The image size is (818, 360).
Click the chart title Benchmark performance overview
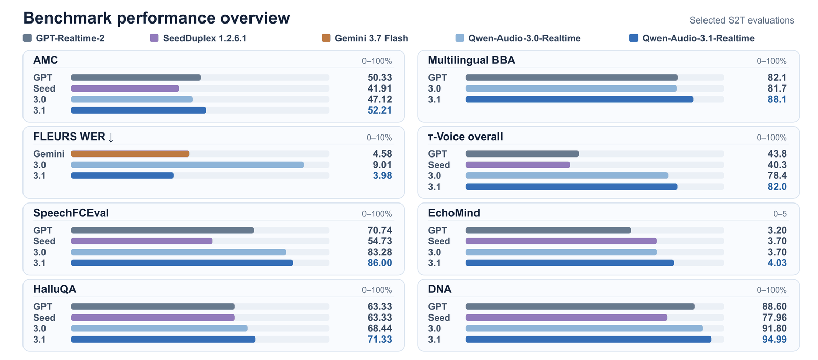(156, 18)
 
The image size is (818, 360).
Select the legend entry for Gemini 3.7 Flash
(365, 38)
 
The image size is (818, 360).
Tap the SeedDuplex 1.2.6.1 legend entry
(198, 38)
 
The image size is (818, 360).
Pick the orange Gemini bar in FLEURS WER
(130, 154)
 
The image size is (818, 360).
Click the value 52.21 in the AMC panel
(379, 110)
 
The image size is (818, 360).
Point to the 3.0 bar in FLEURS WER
(187, 165)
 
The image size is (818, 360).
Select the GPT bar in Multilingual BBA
(572, 77)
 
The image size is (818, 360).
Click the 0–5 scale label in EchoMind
(780, 214)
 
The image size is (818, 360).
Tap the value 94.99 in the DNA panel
(774, 340)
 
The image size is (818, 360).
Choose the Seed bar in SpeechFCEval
(142, 241)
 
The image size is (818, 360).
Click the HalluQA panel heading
(55, 289)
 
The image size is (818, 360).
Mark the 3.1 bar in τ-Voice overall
(572, 187)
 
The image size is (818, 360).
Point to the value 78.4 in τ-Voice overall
(777, 176)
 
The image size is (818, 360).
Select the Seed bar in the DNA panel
(566, 318)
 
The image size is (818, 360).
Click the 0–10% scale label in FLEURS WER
(379, 138)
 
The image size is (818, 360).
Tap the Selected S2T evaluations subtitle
(742, 20)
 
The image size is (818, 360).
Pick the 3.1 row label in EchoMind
(434, 263)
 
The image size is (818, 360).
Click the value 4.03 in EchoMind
(777, 263)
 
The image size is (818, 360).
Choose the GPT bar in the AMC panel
(136, 77)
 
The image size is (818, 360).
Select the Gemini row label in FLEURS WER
(49, 154)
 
